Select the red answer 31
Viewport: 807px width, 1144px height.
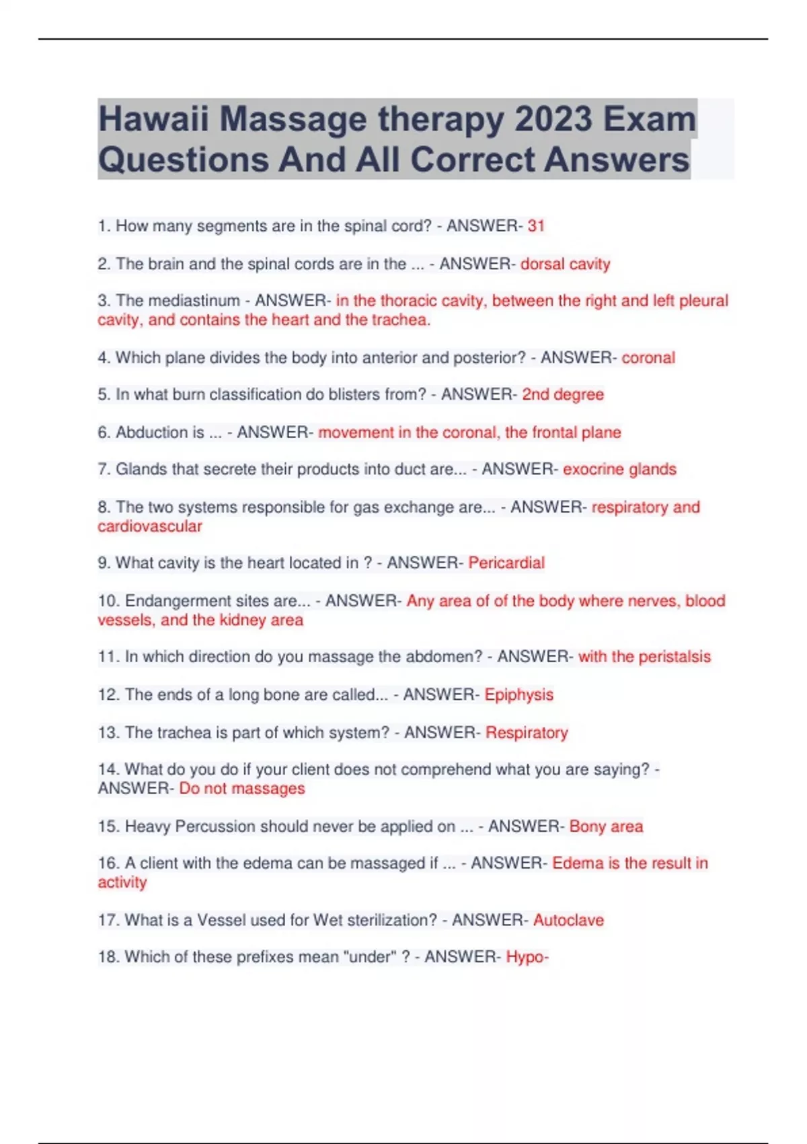pos(536,226)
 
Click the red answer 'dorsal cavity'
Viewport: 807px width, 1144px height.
pos(565,264)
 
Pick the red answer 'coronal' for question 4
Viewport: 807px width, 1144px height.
pos(648,358)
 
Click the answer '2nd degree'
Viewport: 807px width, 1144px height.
pos(563,394)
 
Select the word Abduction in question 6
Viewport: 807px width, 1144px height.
pos(159,432)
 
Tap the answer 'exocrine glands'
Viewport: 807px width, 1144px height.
pos(619,469)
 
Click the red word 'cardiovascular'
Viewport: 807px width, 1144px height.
pos(149,526)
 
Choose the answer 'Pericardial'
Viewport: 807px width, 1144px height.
pos(506,563)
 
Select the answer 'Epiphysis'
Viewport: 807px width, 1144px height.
pos(518,694)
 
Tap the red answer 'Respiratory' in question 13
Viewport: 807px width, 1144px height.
pos(527,732)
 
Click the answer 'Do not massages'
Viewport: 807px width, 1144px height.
pos(241,789)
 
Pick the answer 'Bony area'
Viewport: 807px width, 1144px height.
pos(606,826)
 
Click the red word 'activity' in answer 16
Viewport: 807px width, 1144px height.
pos(122,882)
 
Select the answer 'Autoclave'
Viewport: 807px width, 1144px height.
pos(568,920)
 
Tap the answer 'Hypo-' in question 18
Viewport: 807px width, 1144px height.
pos(527,957)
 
